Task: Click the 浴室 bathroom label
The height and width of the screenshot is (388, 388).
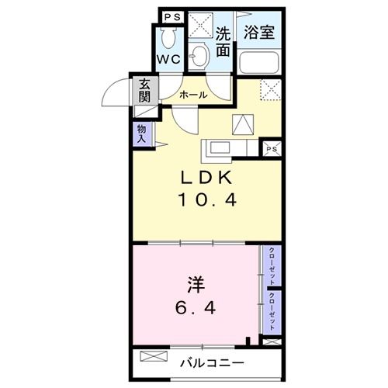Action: [260, 34]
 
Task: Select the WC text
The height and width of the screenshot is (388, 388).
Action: [171, 60]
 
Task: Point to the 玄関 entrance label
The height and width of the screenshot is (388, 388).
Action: [144, 92]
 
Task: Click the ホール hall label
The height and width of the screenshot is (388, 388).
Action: [192, 95]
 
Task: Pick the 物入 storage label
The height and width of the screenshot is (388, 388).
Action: [141, 134]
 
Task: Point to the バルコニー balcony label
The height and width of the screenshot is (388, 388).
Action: [213, 362]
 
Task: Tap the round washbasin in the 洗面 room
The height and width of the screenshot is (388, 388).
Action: [200, 56]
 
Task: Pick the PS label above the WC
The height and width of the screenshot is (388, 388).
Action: [171, 16]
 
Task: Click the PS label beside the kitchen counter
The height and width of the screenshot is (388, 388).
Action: [272, 149]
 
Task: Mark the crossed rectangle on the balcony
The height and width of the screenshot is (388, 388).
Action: [154, 359]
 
